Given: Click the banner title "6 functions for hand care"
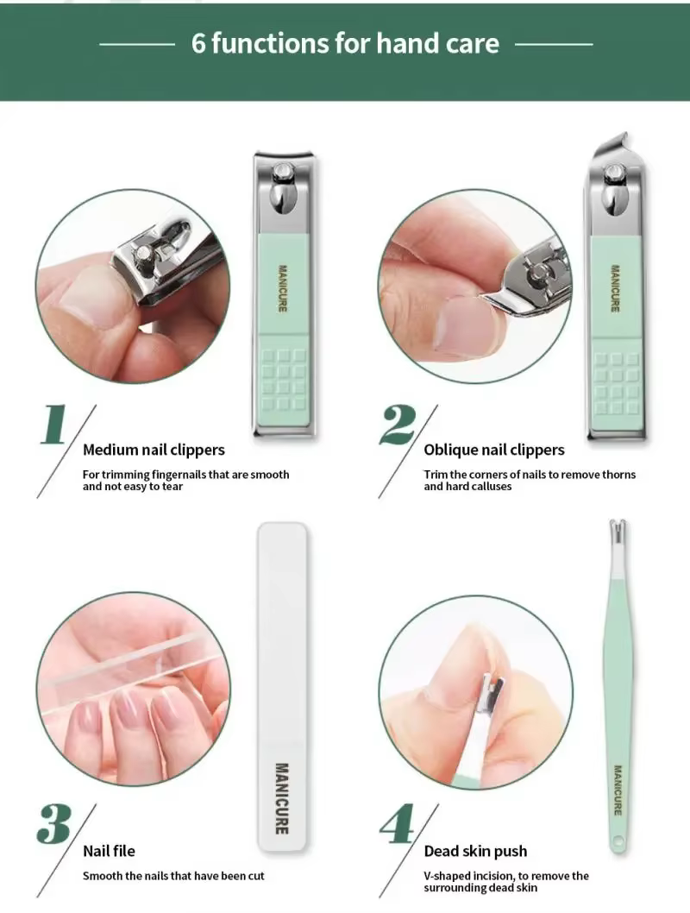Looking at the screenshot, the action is tap(345, 44).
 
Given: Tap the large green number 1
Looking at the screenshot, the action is tap(54, 424).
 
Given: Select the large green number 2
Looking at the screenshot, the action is tap(398, 425).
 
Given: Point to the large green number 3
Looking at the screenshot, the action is tap(54, 824).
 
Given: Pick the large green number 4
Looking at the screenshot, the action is tap(398, 824).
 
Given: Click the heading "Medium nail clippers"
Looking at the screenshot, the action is tap(154, 450).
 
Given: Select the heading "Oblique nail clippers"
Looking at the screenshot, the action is tap(494, 450).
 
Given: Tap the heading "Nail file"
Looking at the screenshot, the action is tap(109, 851).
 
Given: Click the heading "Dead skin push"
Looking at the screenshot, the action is tap(475, 851).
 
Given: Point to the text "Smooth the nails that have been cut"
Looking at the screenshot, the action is tap(173, 876).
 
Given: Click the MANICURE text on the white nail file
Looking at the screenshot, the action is tap(281, 798).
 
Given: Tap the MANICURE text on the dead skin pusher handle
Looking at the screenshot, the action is tap(618, 790).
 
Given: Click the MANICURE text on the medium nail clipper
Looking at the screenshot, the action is tap(283, 288).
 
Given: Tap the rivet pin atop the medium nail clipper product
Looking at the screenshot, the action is tap(283, 171).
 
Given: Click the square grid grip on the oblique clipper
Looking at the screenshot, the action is tap(616, 382).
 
